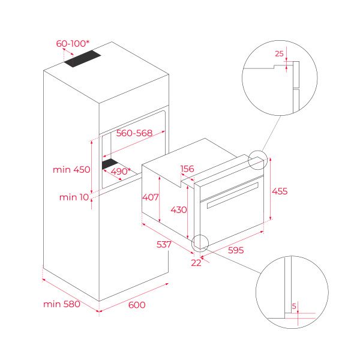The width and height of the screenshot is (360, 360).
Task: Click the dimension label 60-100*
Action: (73, 44)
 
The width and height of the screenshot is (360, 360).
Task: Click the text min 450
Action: (71, 170)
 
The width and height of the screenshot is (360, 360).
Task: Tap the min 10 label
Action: (73, 197)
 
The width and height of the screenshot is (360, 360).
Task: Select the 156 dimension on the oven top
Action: (187, 169)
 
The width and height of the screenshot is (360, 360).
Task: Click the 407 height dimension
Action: (150, 197)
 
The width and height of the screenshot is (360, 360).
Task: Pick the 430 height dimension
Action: (179, 210)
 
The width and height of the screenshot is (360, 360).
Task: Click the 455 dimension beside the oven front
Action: (280, 191)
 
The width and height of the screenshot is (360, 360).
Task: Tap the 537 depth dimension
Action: (163, 244)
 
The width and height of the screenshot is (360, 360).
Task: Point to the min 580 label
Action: (61, 304)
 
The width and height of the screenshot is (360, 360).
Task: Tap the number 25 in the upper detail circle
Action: (278, 54)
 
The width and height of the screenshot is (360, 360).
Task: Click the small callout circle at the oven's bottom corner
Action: (199, 242)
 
